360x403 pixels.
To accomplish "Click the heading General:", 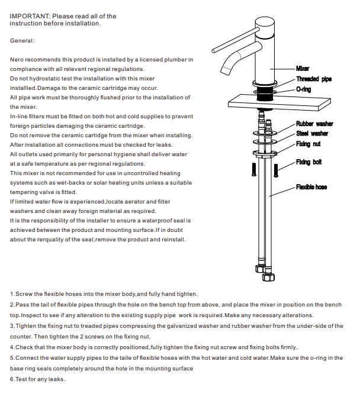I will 22,41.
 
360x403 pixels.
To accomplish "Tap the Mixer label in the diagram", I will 302,69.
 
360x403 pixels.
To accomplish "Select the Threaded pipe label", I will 314,79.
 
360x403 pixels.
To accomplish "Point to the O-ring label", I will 304,89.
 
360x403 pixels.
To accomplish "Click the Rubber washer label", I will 314,124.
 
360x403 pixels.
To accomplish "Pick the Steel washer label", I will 312,133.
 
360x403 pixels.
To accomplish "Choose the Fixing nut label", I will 308,144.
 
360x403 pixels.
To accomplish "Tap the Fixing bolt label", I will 309,162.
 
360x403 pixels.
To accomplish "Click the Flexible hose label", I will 311,188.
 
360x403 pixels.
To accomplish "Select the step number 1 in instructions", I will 12,294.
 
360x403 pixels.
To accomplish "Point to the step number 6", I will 12,379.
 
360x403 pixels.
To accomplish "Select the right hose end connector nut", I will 271,273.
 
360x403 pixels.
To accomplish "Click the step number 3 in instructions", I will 12,326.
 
